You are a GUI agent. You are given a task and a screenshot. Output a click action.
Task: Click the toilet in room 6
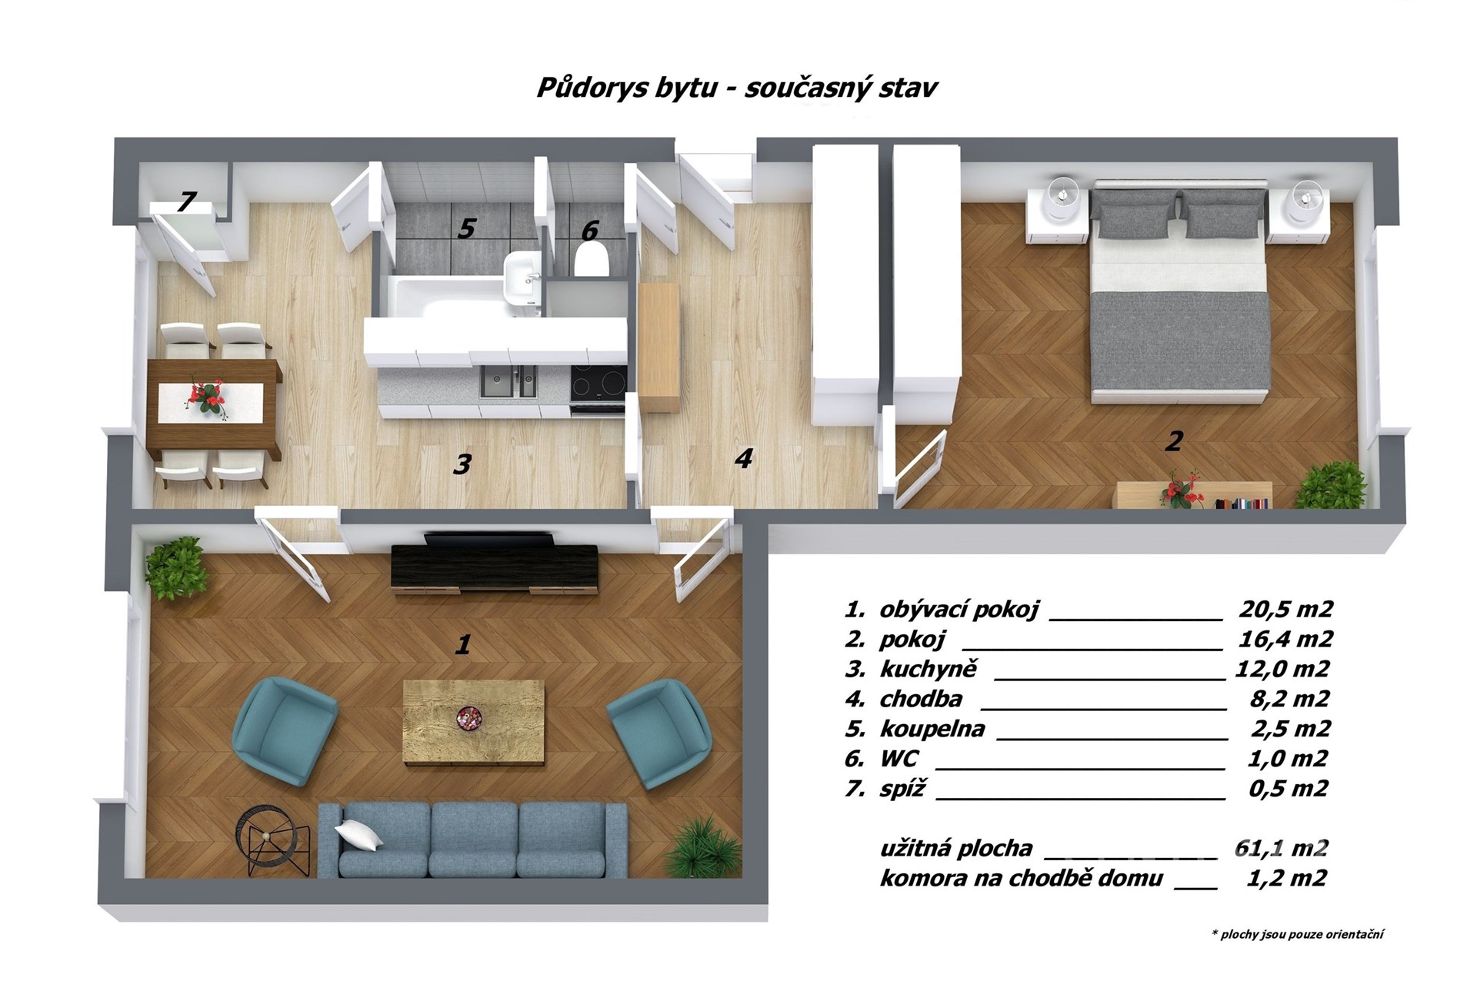[x=592, y=259]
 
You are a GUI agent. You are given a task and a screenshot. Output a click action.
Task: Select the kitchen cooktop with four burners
[x=598, y=384]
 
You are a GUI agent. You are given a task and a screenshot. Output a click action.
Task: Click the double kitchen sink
[x=508, y=381]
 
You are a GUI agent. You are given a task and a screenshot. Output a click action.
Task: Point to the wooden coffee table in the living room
[x=474, y=723]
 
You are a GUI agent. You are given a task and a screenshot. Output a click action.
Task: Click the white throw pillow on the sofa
[x=358, y=834]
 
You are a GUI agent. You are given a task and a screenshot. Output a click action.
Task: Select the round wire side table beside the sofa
[x=274, y=842]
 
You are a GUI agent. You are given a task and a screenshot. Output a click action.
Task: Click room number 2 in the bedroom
[x=1174, y=441]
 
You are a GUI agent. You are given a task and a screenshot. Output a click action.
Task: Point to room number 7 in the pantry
[x=186, y=201]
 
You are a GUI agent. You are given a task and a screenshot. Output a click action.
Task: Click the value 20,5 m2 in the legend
[x=1285, y=609]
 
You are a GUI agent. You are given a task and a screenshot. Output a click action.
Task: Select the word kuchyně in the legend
[x=929, y=669]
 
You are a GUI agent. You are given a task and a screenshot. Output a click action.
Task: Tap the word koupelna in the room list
[x=932, y=729]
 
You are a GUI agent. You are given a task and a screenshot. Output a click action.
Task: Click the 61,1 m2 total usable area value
[x=1282, y=848]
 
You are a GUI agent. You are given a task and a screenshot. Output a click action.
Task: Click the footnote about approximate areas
[x=1298, y=935]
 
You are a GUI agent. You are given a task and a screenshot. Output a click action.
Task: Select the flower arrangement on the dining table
[x=208, y=398]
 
